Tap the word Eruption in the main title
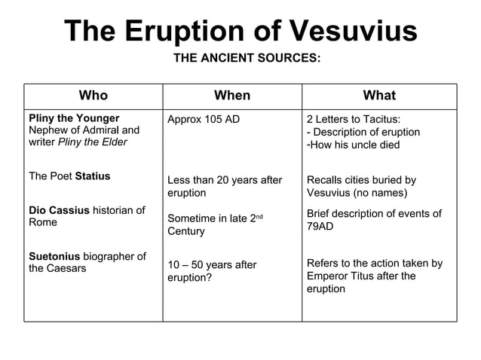[x=179, y=32]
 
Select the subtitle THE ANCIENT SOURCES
[x=247, y=58]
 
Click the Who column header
[x=93, y=96]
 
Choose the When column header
[x=232, y=96]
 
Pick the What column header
[x=379, y=96]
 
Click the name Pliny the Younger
[x=74, y=118]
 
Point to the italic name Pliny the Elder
[x=93, y=142]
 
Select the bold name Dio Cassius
[x=59, y=210]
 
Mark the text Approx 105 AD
[x=204, y=120]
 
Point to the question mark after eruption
[x=209, y=277]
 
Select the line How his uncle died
[x=355, y=145]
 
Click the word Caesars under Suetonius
[x=68, y=268]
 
